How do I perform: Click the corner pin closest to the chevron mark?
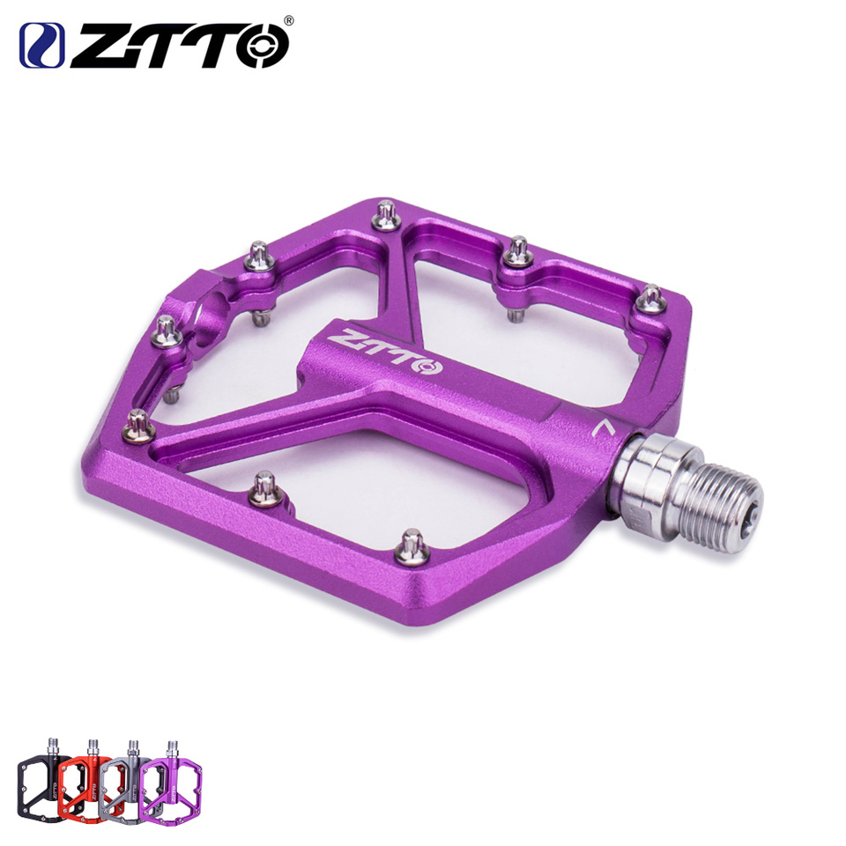pos(651,299)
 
